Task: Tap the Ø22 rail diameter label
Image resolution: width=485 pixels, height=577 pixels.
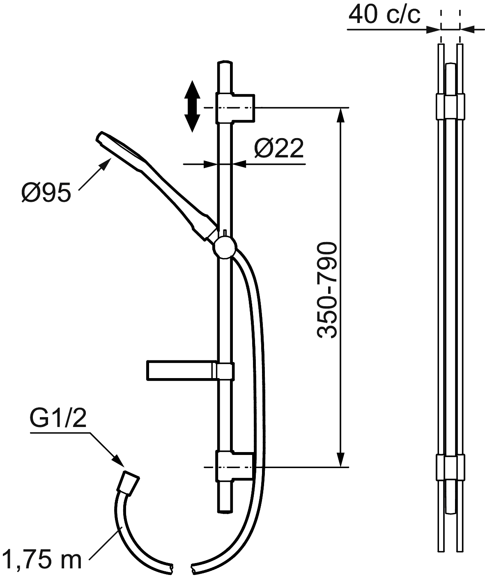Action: [x=279, y=148]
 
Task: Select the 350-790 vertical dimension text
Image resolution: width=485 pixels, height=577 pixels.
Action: [x=327, y=291]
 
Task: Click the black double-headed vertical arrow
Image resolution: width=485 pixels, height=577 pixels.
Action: [x=192, y=106]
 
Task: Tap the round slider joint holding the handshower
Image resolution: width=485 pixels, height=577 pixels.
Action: [x=225, y=247]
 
